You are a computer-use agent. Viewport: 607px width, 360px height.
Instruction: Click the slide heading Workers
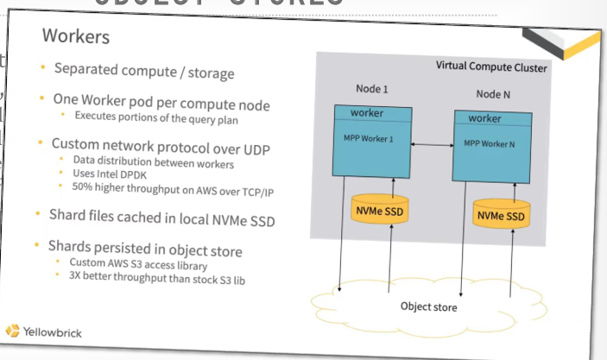77,37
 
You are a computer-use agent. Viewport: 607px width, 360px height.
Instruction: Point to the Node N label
497,93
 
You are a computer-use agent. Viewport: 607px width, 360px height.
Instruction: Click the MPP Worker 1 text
376,139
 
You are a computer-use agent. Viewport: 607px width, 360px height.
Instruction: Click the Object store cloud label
429,306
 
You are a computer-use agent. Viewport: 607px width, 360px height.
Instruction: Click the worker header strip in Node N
496,118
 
